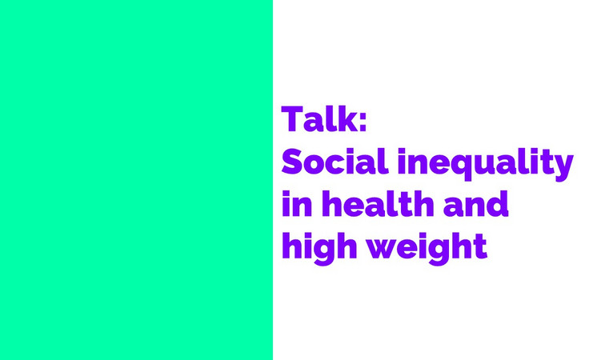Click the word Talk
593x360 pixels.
pos(319,118)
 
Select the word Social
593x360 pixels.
pos(335,162)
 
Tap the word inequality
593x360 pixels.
pos(485,165)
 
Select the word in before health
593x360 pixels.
pos(297,203)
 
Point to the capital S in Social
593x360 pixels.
pos(293,162)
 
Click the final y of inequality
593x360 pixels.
pos(562,169)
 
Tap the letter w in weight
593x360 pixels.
pos(382,248)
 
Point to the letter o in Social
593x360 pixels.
pos(317,166)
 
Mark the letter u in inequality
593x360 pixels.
pos(483,166)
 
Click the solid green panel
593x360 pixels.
pos(136,180)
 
